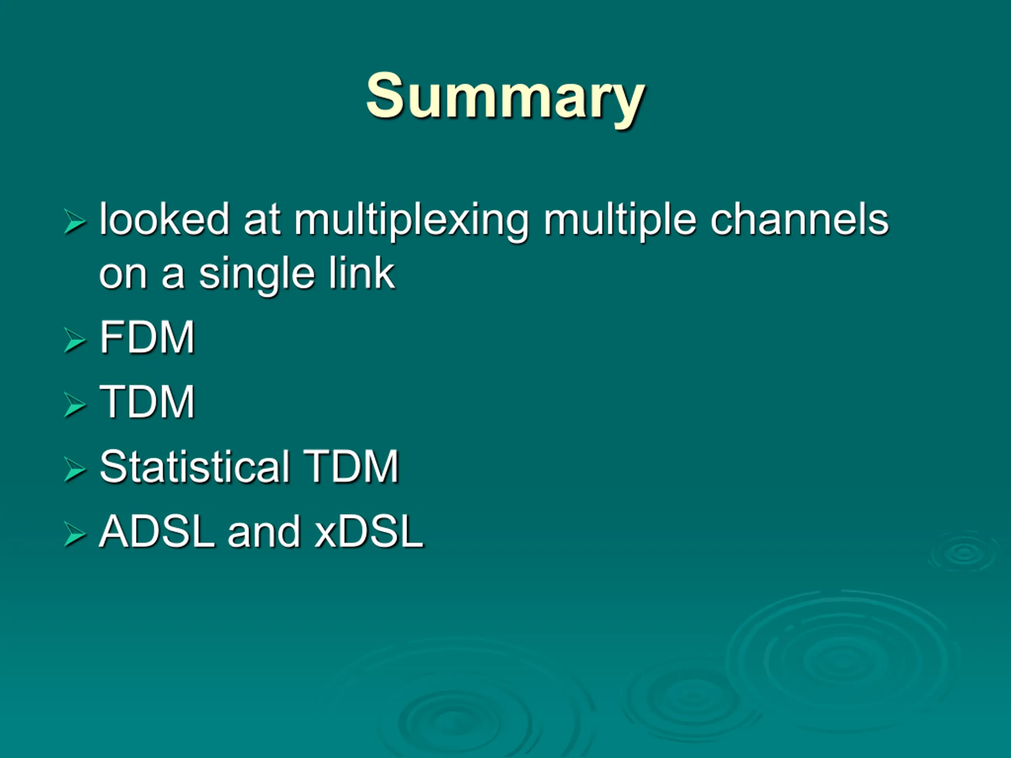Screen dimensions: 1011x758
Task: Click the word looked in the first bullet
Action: click(164, 220)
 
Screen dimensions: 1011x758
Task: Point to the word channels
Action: click(799, 220)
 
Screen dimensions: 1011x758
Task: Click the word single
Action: click(256, 276)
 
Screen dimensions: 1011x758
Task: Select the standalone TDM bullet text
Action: click(147, 402)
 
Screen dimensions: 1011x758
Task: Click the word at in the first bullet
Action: click(262, 220)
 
